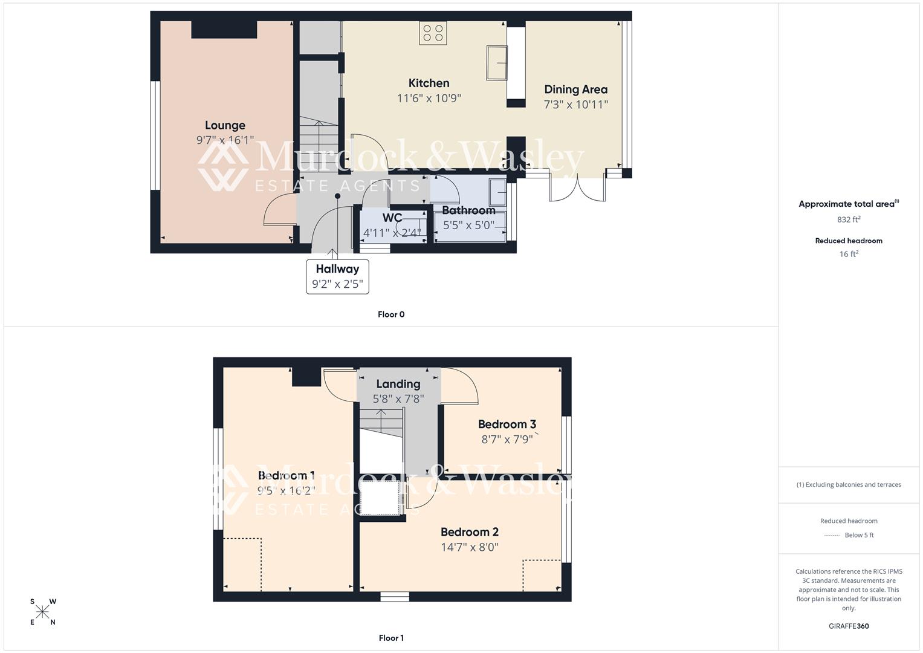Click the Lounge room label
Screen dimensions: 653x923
[225, 125]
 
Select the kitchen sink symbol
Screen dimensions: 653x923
[497, 62]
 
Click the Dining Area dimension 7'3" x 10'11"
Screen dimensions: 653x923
[575, 104]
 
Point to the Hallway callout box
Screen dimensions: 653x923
[337, 276]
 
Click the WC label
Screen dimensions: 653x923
[392, 218]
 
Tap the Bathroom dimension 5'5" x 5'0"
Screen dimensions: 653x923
[468, 225]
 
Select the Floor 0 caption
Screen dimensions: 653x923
[391, 314]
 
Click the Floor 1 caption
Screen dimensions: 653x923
[391, 638]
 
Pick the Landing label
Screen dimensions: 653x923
[398, 384]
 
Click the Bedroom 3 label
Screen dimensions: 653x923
[507, 424]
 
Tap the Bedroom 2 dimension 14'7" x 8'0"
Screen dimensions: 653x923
[470, 547]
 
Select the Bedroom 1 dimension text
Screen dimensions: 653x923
[286, 490]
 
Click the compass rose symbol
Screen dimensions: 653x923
[43, 612]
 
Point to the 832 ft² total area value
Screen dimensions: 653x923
[849, 219]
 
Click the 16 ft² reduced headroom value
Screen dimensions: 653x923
[849, 254]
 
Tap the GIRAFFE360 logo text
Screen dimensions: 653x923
[849, 626]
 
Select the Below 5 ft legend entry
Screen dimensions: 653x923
[849, 535]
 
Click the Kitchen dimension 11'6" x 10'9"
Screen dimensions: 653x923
[429, 98]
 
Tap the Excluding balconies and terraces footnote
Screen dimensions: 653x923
[849, 484]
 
